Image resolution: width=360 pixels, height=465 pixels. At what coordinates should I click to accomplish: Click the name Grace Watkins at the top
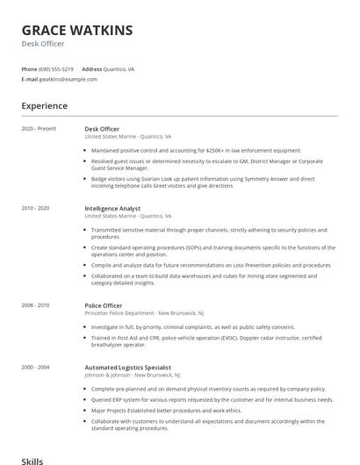click(x=77, y=31)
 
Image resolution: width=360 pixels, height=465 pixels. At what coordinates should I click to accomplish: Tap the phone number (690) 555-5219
click(x=57, y=68)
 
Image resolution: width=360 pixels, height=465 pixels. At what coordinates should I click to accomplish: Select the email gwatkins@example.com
click(x=68, y=79)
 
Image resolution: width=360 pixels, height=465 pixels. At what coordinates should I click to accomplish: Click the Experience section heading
click(x=44, y=106)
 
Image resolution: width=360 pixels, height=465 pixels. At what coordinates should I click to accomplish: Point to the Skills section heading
click(x=32, y=459)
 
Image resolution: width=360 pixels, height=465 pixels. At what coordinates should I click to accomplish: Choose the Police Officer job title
click(x=103, y=304)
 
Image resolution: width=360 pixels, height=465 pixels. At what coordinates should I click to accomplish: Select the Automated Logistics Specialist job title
click(x=127, y=366)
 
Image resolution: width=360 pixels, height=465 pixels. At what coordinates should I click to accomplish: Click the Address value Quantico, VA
click(x=119, y=68)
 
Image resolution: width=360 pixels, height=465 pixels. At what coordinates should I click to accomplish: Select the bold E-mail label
click(x=29, y=79)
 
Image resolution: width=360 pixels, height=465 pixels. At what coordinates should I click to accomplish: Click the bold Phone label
click(x=29, y=68)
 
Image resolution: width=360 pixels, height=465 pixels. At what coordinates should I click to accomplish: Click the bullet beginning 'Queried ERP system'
click(x=211, y=399)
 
